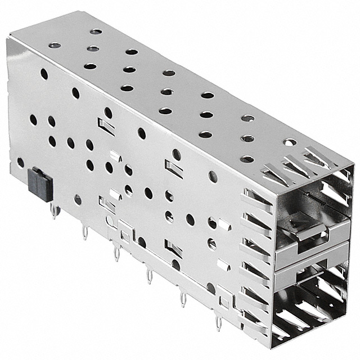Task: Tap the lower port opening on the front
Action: click(x=315, y=298)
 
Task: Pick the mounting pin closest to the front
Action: click(x=218, y=323)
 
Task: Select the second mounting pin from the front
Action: click(x=183, y=299)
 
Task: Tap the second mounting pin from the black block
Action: click(x=85, y=231)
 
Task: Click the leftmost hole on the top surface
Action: click(x=55, y=45)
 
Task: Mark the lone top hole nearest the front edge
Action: click(x=289, y=142)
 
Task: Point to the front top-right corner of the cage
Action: click(x=353, y=166)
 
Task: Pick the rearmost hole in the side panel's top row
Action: click(x=44, y=74)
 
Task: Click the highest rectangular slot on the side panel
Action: click(x=106, y=127)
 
